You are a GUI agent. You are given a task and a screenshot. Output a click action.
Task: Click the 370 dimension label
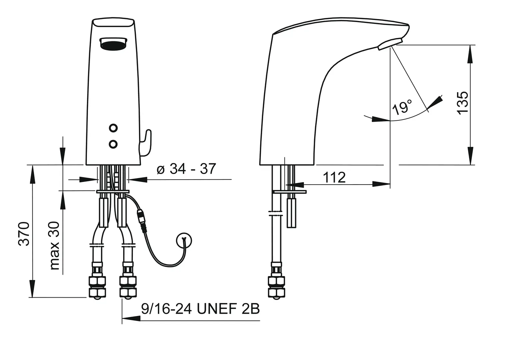24,234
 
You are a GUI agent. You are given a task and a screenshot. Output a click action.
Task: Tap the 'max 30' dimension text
55,246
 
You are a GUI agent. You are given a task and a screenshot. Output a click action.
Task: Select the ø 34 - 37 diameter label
186,169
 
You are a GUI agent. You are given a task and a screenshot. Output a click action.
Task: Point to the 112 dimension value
334,177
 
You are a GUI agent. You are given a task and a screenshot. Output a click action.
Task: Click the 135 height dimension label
462,103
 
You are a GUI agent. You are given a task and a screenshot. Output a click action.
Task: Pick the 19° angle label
402,107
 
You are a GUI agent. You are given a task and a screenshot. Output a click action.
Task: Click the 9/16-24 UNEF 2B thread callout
201,309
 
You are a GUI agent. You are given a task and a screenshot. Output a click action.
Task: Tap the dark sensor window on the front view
113,43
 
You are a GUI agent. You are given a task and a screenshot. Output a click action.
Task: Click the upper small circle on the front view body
113,128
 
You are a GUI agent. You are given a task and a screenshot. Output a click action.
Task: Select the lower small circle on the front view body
113,144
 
